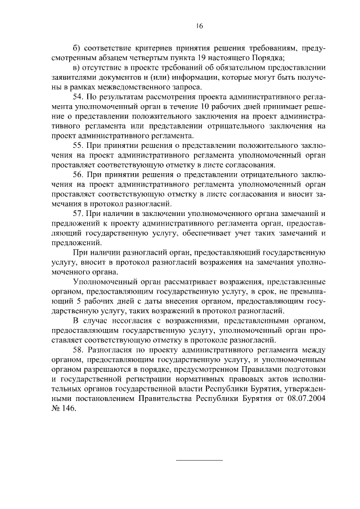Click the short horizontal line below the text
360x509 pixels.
200,460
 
